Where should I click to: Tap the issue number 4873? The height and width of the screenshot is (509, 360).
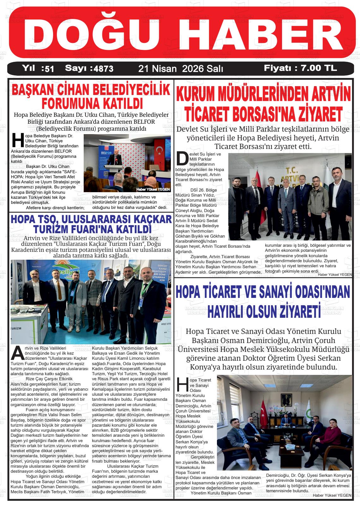[102, 68]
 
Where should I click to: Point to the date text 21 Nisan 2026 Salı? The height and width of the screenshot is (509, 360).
[181, 68]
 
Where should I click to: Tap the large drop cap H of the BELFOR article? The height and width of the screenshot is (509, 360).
[17, 140]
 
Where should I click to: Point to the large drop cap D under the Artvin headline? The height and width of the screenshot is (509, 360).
[182, 159]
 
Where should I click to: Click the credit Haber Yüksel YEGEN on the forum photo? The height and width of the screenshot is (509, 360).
[153, 189]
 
